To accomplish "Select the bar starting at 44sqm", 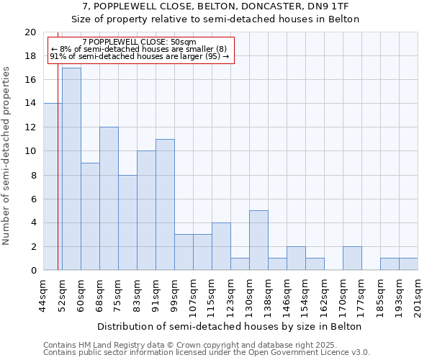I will point(53,186).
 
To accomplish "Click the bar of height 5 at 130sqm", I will point(258,240).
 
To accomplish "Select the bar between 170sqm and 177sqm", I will point(352,258).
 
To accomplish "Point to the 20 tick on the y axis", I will point(30,32).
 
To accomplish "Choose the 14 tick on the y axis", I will point(30,104).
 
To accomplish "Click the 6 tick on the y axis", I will point(33,199).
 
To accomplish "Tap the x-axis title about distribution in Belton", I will point(230,326).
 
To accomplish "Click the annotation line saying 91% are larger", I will point(140,56).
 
